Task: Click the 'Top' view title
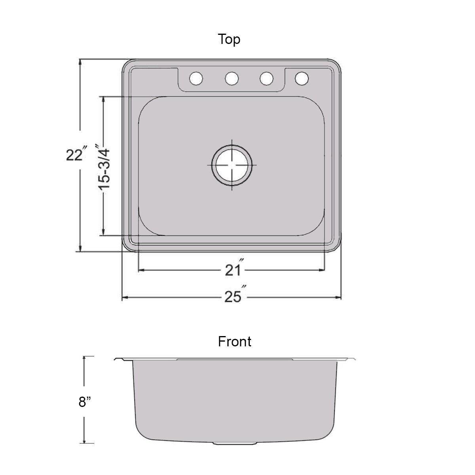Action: coord(229,40)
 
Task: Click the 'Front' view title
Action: coord(234,341)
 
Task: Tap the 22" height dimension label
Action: coord(76,155)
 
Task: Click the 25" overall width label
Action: coord(234,296)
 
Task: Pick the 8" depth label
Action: coord(85,402)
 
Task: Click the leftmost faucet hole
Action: coord(196,78)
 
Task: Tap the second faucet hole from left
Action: coord(232,78)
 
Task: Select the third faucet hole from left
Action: coord(266,78)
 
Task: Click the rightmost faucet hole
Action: coord(302,78)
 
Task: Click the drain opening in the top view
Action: coord(232,165)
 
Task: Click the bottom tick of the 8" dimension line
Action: coord(84,443)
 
